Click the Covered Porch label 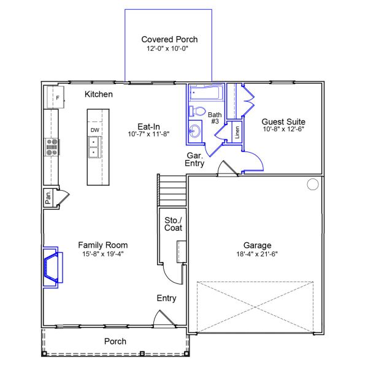[169, 39]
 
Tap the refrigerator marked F [56, 98]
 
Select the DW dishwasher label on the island [94, 130]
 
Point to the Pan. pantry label [48, 197]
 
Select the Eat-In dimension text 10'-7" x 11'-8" [148, 133]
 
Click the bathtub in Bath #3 [205, 94]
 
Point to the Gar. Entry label [195, 159]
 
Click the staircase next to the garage [172, 191]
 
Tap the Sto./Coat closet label [173, 224]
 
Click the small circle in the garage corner [313, 184]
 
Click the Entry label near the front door [166, 298]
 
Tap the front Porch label [115, 341]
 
